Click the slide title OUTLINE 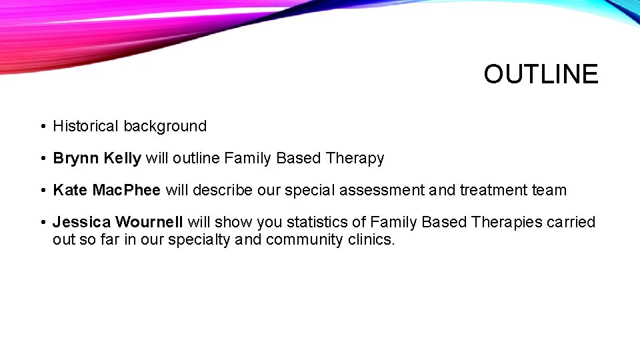(x=541, y=74)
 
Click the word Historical (x=86, y=126)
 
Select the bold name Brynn (x=76, y=159)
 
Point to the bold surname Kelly (x=123, y=159)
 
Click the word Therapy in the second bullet (x=355, y=159)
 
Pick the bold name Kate (x=70, y=191)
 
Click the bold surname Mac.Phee (x=127, y=191)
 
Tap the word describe (x=225, y=191)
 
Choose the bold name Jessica (x=81, y=223)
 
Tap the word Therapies (x=507, y=223)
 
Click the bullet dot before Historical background (x=42, y=127)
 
